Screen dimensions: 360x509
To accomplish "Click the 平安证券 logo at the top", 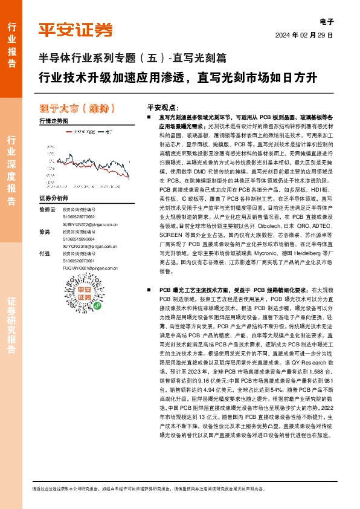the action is [76, 29].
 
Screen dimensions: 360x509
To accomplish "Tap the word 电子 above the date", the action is [326, 21].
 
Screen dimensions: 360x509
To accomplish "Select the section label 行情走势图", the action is [53, 121].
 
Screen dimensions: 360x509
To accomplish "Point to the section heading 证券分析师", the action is [53, 198].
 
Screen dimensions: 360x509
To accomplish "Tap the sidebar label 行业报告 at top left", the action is [11, 40].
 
